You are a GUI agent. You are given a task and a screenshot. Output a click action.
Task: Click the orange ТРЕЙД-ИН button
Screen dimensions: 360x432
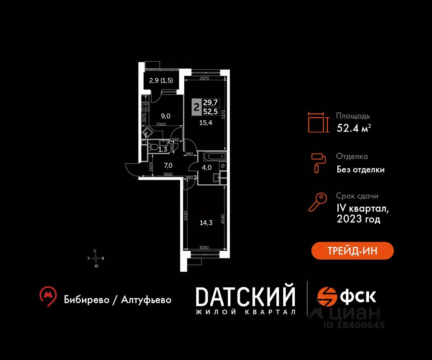tap(352, 251)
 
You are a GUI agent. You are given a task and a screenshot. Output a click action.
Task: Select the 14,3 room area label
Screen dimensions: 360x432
tap(206, 223)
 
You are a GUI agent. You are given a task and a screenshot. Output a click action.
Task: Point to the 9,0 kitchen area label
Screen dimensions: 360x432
tap(165, 116)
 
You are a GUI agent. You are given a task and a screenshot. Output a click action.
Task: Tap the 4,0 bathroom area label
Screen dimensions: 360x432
tap(206, 167)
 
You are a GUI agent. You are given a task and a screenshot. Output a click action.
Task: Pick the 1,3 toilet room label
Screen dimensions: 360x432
tap(162, 149)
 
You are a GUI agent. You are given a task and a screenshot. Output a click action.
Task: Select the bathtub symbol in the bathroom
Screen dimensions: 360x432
tap(215, 157)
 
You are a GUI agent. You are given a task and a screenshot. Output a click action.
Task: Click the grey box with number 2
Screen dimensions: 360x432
tap(197, 107)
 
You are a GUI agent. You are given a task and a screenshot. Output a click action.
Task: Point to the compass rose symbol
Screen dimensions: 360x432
tap(96, 258)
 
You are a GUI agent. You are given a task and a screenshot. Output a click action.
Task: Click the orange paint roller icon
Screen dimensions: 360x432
tap(318, 162)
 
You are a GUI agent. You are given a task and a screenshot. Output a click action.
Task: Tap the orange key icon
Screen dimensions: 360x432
tap(318, 202)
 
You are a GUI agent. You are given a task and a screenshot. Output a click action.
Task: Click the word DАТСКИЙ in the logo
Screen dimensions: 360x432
tap(246, 297)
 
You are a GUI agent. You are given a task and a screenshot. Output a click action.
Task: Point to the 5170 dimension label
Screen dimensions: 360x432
tap(224, 114)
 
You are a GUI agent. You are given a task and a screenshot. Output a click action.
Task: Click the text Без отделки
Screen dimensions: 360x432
tap(360, 169)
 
